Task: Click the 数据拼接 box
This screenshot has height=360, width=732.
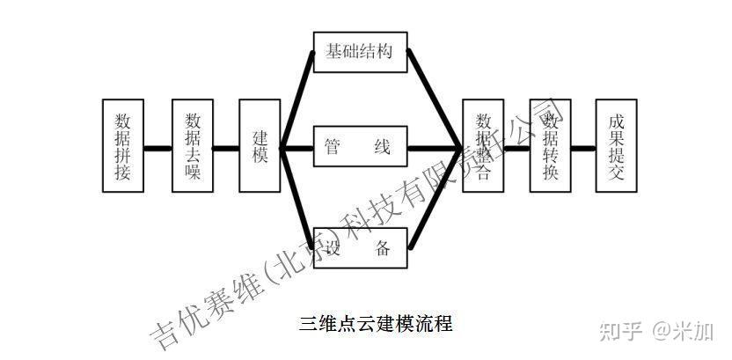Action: tap(122, 146)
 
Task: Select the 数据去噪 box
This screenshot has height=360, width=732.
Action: tap(192, 146)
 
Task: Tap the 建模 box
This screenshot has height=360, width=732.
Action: tap(260, 146)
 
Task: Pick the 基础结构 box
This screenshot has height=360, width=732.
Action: tap(361, 52)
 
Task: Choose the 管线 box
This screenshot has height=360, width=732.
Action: tap(361, 147)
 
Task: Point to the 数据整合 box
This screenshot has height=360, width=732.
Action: tap(484, 146)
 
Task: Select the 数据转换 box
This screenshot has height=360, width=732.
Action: tap(551, 146)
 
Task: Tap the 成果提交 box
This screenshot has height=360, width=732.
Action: tap(616, 146)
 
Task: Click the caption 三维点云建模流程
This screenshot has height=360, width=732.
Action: tap(376, 323)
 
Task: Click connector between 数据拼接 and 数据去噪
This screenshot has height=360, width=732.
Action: tap(157, 147)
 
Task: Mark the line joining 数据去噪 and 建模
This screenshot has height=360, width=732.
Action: tap(225, 147)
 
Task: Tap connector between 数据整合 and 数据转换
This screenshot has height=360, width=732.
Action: tap(517, 147)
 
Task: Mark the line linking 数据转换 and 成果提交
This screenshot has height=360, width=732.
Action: tap(583, 147)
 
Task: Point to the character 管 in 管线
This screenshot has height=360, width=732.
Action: tap(333, 147)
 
